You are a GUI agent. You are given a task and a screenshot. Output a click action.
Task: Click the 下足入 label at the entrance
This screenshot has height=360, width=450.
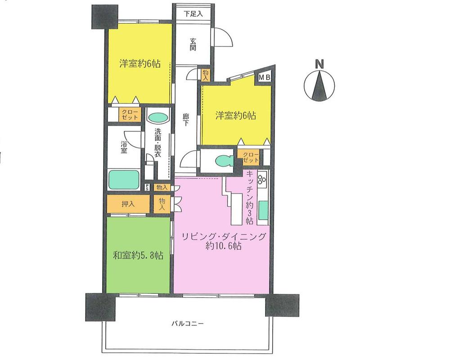tap(193, 13)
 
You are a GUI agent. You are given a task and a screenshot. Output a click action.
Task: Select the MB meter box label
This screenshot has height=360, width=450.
tap(264, 78)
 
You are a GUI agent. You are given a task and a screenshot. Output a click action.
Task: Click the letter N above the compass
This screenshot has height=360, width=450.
tap(319, 64)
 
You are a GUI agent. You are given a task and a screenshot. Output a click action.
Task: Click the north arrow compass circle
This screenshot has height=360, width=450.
tap(319, 87)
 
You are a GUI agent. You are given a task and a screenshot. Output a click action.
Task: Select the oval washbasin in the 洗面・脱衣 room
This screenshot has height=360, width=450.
tap(157, 118)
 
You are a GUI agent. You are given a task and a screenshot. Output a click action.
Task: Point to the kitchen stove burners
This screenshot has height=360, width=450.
tap(262, 181)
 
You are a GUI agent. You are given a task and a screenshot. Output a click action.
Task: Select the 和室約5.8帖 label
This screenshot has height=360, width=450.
tap(138, 256)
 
